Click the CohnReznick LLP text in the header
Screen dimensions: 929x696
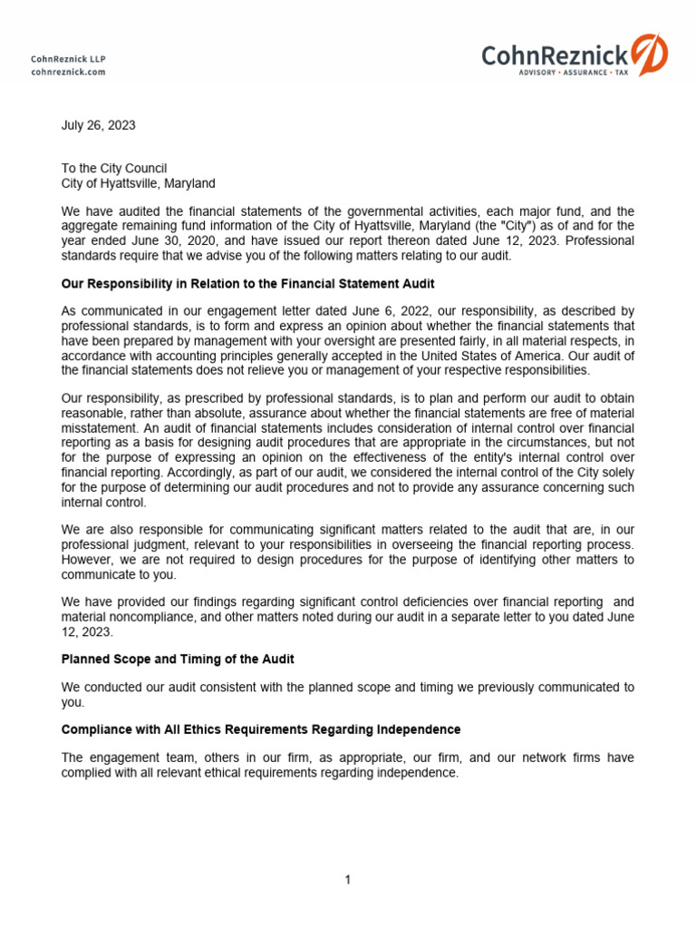(68, 59)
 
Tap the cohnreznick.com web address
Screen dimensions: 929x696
(68, 72)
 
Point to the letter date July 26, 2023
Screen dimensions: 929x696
(98, 126)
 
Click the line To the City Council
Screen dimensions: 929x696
(114, 169)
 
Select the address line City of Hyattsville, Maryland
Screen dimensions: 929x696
(138, 183)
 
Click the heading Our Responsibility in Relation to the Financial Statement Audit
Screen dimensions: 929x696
(247, 284)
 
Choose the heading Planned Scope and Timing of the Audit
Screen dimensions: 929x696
(178, 658)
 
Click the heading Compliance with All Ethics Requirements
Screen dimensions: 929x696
(261, 729)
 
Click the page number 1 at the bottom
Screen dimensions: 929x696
(348, 879)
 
